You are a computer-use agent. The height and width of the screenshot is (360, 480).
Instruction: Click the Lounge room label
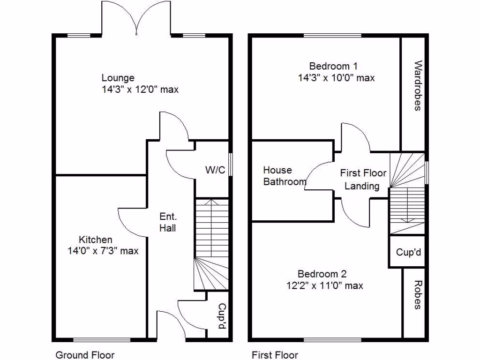tap(118, 78)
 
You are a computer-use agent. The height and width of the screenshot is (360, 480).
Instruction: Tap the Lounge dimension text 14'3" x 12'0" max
tap(140, 89)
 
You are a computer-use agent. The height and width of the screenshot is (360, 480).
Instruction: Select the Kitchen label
tap(95, 240)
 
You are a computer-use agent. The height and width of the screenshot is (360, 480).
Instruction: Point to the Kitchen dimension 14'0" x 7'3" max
tap(103, 251)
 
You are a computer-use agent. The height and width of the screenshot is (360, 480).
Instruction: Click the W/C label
tap(216, 170)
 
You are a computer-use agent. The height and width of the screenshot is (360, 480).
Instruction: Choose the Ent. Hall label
tap(168, 222)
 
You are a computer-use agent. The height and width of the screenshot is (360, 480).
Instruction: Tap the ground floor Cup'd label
tap(221, 315)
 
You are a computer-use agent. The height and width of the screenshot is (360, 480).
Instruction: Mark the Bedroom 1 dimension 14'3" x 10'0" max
tap(336, 78)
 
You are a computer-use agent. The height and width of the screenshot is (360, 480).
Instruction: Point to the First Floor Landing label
tap(363, 180)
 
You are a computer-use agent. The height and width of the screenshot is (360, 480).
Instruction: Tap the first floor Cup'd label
tap(409, 253)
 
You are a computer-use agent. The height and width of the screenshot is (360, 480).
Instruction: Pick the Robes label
tap(417, 295)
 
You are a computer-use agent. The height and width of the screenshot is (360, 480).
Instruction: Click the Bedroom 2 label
tap(322, 274)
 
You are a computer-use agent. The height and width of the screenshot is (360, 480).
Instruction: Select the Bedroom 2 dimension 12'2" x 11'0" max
tap(324, 285)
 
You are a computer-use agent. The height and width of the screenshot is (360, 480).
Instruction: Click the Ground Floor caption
tap(85, 355)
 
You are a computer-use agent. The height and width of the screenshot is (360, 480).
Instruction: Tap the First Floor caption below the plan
tap(275, 355)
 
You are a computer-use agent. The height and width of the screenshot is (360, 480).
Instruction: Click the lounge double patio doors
tap(136, 19)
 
